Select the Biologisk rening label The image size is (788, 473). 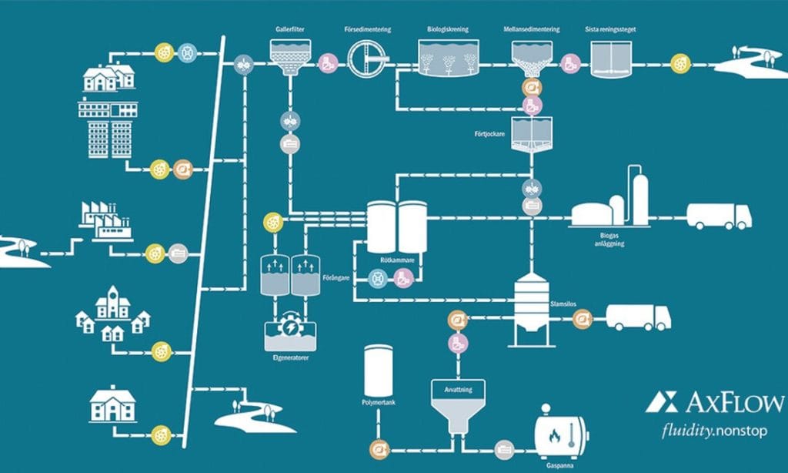(449, 29)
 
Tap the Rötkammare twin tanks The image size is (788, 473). (396, 227)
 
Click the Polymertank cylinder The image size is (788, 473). (379, 370)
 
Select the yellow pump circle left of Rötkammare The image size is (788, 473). (272, 222)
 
